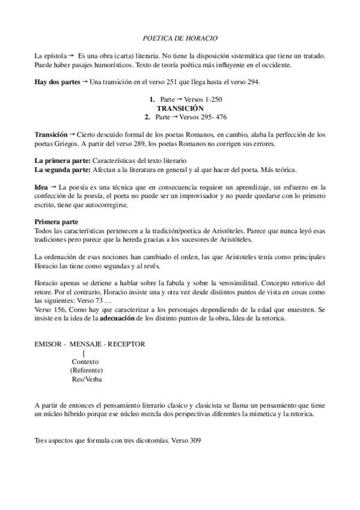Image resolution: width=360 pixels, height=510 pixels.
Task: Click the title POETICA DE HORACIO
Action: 180,38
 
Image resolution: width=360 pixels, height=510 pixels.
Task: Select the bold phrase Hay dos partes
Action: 57,81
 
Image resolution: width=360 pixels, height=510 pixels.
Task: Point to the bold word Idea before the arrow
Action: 41,188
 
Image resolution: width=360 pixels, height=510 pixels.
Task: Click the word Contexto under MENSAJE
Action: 85,361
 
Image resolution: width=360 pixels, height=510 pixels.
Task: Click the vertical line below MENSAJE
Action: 84,353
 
